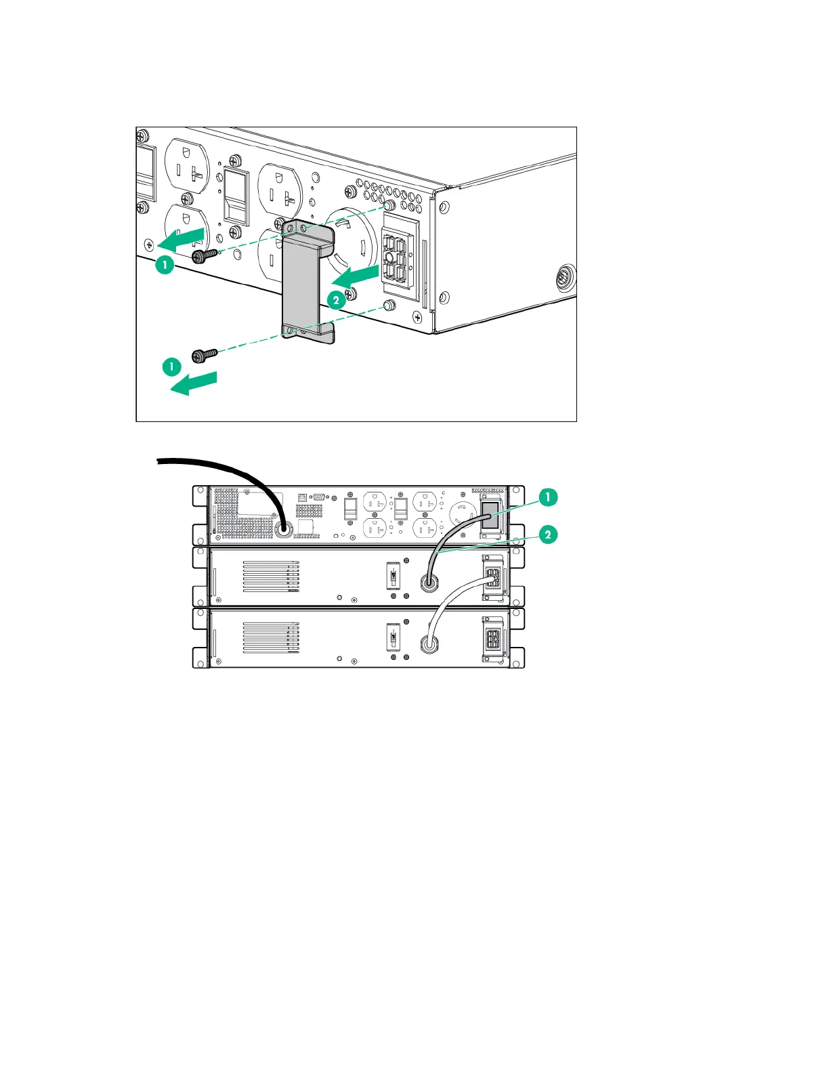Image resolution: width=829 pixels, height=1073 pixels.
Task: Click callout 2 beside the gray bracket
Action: coord(337,300)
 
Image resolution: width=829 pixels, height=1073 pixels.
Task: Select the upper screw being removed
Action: coord(203,255)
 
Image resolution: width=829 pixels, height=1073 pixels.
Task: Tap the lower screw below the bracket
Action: coord(204,354)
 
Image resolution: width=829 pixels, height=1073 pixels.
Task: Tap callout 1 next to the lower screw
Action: coord(172,367)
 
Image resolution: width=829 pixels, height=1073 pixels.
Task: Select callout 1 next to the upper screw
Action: coord(165,264)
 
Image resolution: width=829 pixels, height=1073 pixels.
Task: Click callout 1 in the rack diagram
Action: coord(548,497)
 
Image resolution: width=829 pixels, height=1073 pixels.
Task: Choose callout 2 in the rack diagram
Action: coord(548,534)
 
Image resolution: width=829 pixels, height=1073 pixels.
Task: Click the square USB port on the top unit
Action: coord(303,498)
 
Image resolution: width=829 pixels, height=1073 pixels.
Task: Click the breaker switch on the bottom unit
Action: coord(392,637)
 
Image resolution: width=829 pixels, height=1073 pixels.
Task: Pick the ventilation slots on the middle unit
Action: coord(271,576)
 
